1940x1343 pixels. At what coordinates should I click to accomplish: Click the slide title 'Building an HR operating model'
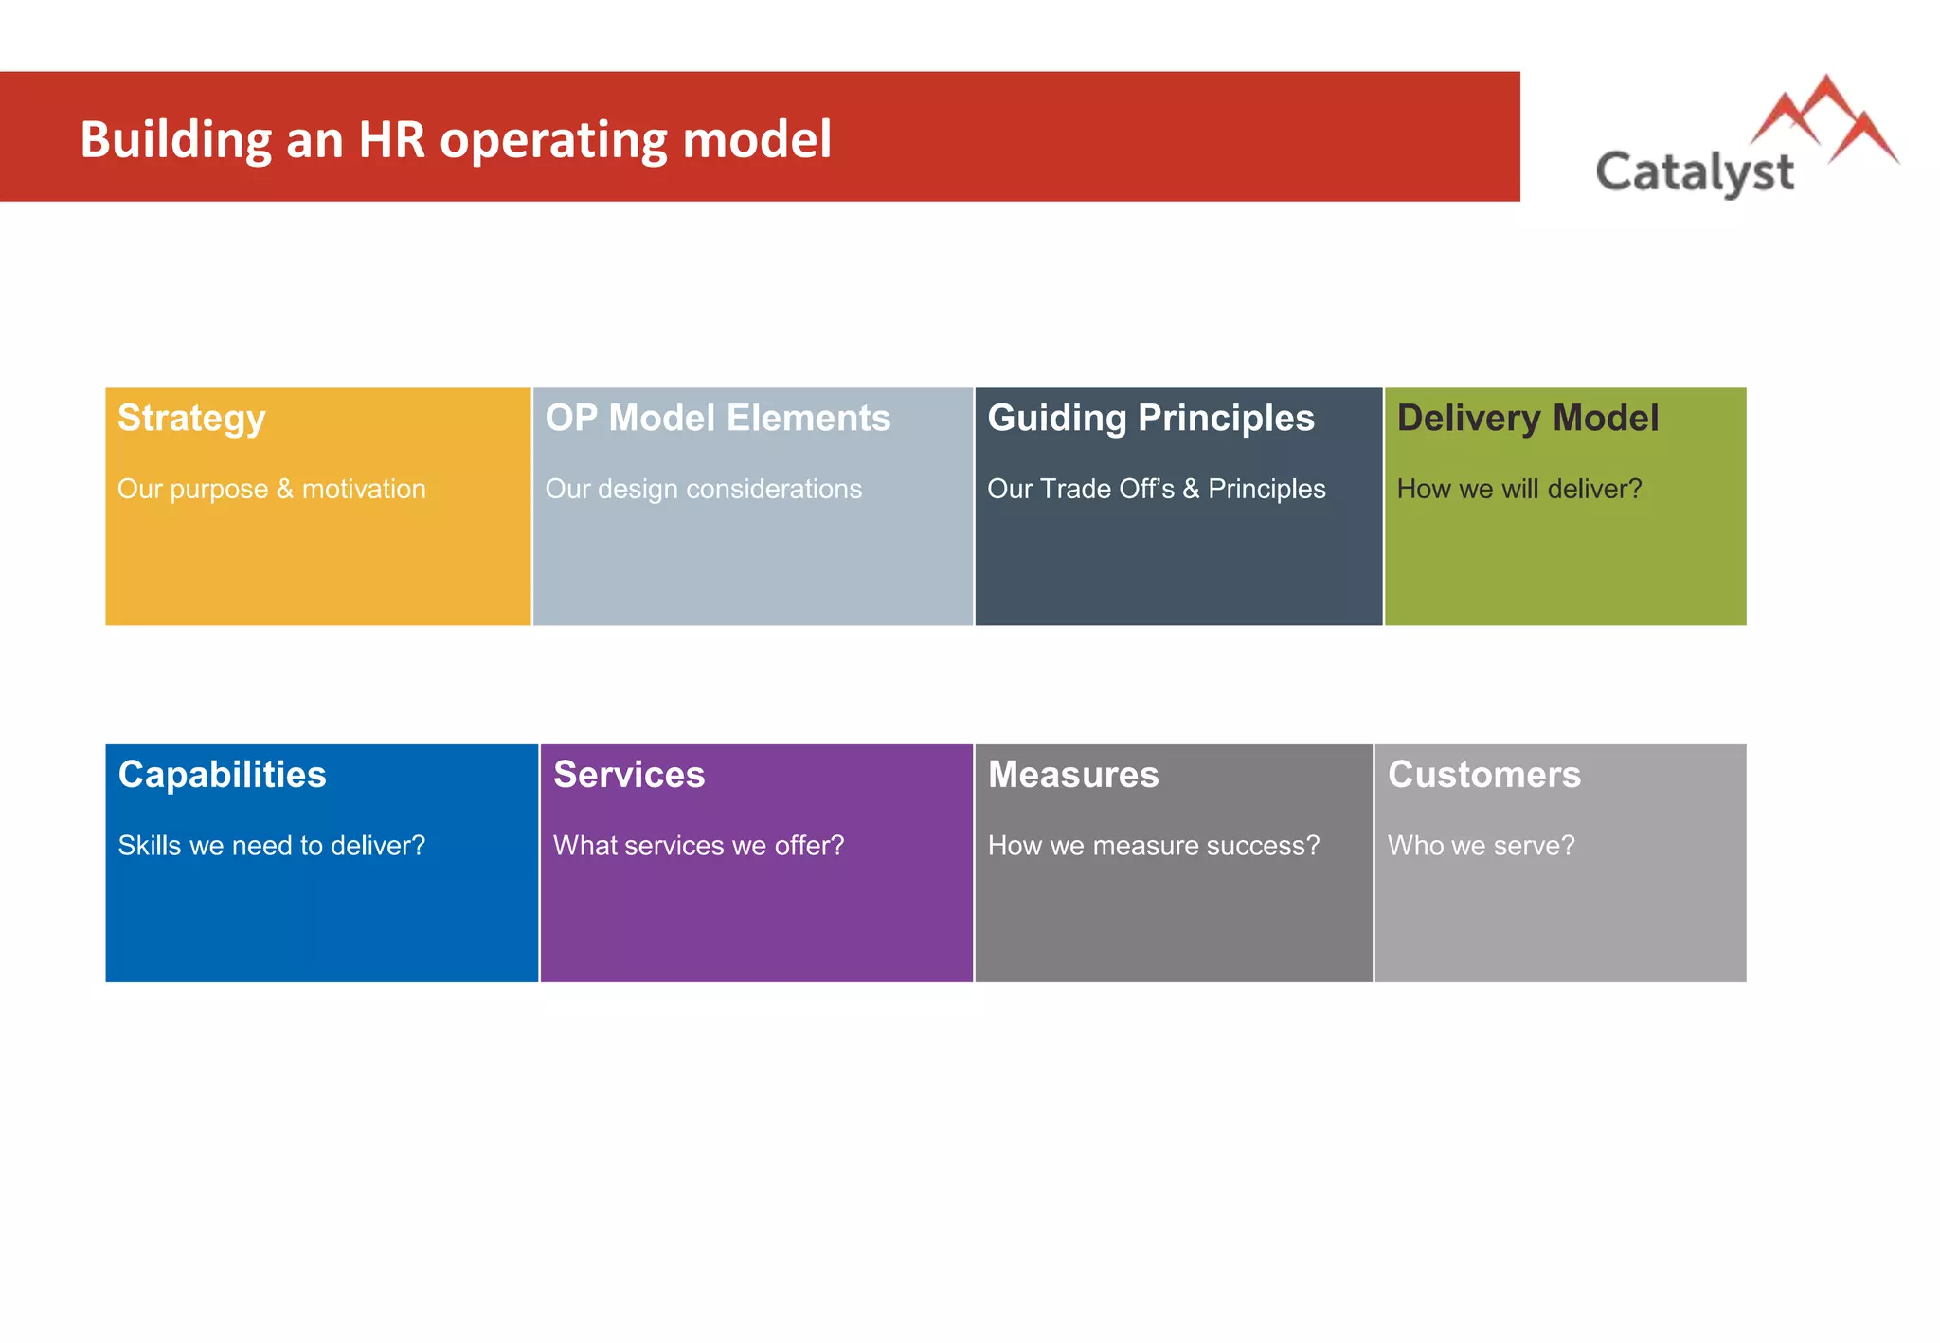[455, 140]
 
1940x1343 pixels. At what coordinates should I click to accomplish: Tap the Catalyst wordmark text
[1694, 172]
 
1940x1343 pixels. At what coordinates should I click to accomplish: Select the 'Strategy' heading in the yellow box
[191, 419]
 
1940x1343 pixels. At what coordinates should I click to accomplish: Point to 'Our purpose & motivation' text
[271, 489]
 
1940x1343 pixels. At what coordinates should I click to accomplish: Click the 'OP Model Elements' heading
[717, 419]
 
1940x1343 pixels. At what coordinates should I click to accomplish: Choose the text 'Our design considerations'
[703, 489]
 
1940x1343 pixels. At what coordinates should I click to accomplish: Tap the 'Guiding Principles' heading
[1150, 419]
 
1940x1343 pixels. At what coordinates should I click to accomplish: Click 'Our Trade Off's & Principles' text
[1156, 489]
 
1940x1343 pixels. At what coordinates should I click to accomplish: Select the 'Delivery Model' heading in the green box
[1527, 419]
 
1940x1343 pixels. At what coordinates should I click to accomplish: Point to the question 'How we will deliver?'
[1518, 489]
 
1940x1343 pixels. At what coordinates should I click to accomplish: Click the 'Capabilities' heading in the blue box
[222, 775]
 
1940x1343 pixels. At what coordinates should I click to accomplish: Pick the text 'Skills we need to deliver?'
[271, 846]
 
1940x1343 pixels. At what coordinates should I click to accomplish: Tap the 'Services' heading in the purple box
[629, 775]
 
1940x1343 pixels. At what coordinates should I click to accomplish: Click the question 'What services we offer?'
[698, 846]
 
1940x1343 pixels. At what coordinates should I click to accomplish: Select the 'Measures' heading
[1072, 775]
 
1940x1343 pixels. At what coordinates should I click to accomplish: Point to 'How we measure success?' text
[1153, 846]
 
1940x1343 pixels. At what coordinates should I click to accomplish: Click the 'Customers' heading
[1483, 775]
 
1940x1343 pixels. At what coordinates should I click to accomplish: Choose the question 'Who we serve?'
[1481, 846]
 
